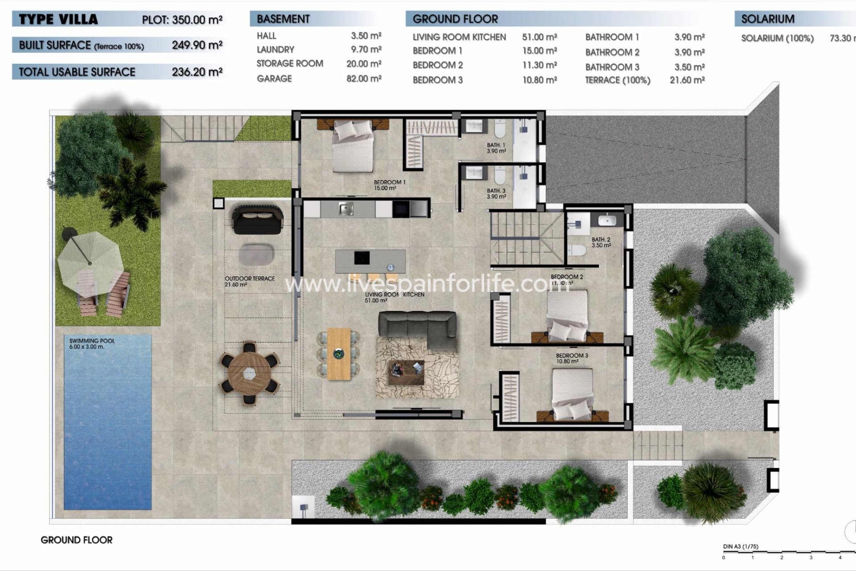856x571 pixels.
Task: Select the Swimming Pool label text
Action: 92,343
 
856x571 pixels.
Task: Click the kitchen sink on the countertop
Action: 346,208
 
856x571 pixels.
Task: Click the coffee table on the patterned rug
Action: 406,372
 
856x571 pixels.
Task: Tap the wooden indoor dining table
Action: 339,354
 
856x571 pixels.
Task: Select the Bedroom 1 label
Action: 389,185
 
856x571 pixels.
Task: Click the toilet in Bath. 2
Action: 578,251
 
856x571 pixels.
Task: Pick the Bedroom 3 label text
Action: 572,358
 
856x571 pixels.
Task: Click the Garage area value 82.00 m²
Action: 363,79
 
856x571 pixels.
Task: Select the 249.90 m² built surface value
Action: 197,45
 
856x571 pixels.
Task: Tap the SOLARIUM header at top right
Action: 767,19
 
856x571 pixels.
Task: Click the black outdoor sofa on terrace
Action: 258,219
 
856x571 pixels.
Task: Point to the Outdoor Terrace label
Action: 249,281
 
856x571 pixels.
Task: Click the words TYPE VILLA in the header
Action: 58,20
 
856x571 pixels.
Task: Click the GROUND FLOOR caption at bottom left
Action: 76,540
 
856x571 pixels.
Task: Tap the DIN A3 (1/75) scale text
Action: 740,546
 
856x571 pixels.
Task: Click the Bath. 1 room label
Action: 496,148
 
